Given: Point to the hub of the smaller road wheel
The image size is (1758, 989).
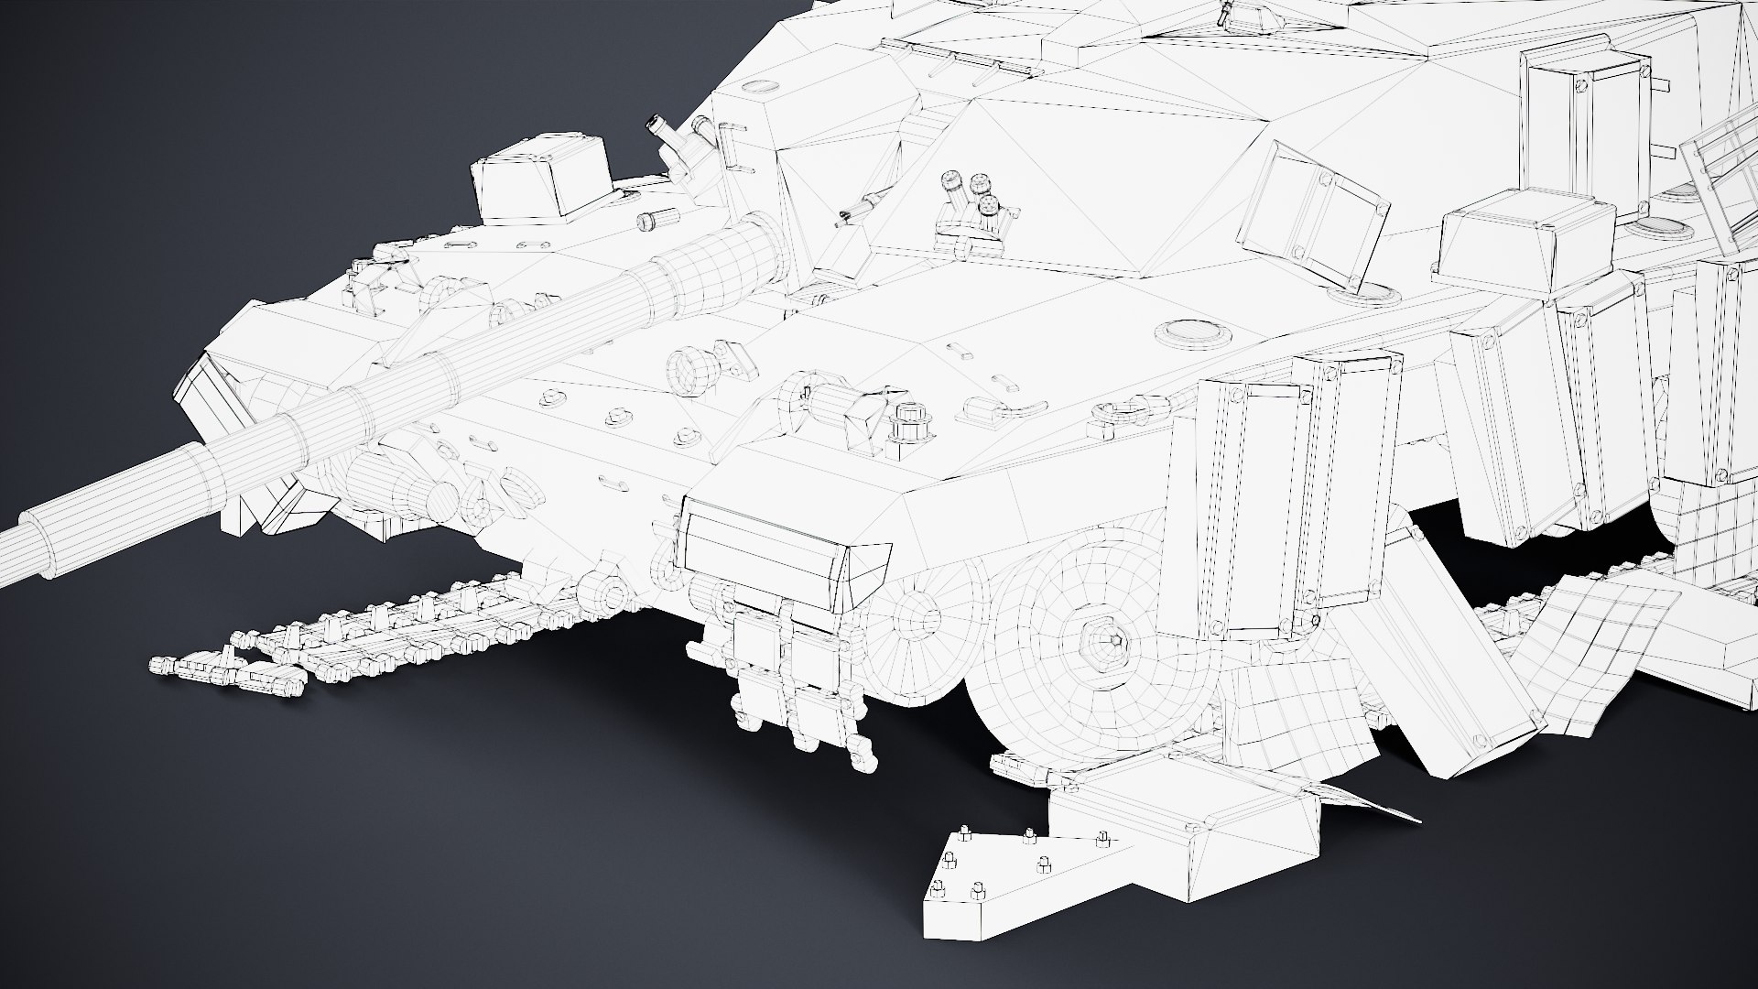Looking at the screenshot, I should click(x=913, y=609).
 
